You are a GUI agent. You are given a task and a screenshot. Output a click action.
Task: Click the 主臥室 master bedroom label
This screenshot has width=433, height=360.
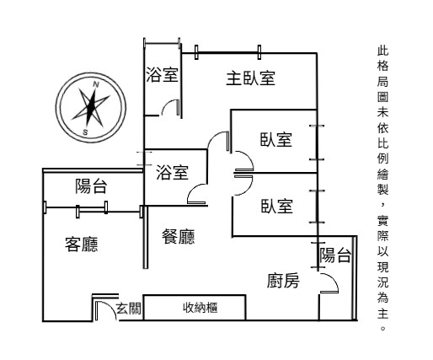point(250,78)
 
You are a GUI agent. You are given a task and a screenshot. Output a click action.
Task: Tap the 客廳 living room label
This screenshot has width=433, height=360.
point(82,244)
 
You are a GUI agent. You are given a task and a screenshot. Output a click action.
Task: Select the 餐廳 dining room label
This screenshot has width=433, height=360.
point(179,236)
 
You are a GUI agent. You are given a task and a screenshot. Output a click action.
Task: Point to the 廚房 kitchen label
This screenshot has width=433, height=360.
point(283,281)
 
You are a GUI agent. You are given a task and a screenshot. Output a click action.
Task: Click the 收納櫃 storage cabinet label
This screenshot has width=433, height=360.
point(200,308)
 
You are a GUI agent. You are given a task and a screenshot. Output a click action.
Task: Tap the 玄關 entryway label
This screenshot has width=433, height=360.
point(129,309)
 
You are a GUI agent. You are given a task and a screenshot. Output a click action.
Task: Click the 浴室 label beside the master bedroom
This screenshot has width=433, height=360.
point(162,75)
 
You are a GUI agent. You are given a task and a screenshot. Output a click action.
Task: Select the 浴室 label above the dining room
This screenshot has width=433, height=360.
point(172,172)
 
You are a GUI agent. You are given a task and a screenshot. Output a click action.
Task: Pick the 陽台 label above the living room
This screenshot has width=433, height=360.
point(91,185)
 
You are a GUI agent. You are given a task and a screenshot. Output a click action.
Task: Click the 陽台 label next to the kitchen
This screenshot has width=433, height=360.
point(335,255)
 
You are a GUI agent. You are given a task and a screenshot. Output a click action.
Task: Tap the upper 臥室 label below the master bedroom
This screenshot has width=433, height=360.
point(276,139)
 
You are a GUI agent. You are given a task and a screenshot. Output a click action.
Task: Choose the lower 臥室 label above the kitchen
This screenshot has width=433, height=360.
point(277,206)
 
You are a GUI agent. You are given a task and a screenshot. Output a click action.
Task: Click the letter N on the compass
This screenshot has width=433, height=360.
point(96,84)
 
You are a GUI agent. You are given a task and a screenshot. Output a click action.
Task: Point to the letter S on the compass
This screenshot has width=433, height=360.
point(85,132)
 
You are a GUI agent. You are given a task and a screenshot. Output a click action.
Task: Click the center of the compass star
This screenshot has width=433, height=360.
point(90,107)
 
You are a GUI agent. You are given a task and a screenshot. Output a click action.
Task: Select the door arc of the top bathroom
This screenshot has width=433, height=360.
point(167,104)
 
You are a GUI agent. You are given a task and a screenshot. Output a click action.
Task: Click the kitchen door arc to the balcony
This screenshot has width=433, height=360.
point(334,278)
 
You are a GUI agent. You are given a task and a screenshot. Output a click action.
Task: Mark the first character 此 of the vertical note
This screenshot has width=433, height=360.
point(382,50)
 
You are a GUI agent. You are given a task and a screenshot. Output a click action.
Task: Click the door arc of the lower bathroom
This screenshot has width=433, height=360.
point(192,189)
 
